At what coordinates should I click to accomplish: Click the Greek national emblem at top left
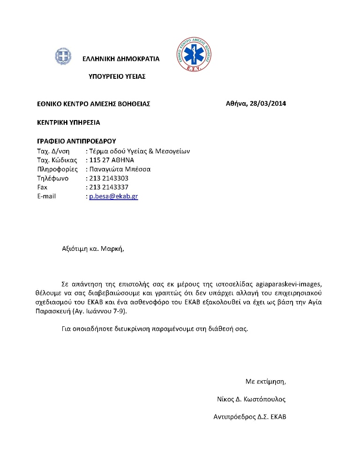[62, 57]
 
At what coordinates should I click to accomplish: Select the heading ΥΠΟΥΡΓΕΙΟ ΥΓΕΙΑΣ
[117, 76]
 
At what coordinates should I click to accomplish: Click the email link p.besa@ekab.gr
[113, 196]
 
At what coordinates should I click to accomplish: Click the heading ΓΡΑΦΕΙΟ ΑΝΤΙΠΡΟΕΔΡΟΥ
[76, 141]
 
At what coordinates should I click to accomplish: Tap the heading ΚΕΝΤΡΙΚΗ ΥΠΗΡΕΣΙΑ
[68, 122]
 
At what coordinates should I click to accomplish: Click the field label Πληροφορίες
[57, 169]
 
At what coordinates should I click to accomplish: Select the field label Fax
[42, 187]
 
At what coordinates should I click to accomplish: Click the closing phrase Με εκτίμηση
[265, 381]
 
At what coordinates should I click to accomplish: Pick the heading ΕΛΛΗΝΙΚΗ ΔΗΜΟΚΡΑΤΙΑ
[121, 59]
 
